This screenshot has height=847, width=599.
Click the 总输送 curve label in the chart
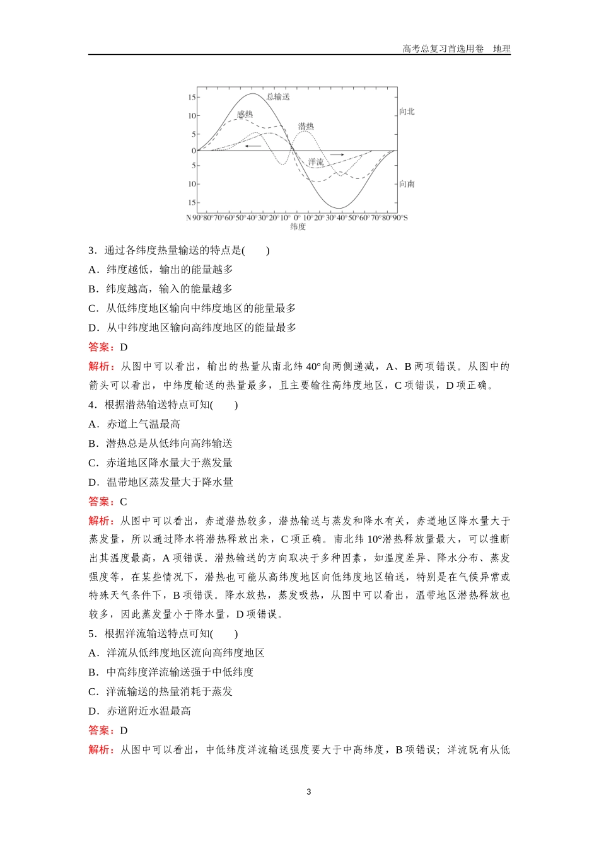[x=278, y=96]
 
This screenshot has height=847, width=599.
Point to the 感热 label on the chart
[x=245, y=115]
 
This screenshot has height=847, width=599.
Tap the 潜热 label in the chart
[x=306, y=127]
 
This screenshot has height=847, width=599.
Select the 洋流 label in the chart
[x=316, y=163]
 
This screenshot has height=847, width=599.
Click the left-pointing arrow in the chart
[x=253, y=146]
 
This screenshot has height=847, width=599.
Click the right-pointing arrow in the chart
[x=337, y=154]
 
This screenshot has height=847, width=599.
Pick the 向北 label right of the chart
[x=407, y=112]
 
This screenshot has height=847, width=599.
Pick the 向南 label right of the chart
[x=407, y=184]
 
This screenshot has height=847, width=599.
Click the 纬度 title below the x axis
[x=298, y=227]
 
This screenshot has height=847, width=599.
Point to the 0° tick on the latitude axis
[x=298, y=218]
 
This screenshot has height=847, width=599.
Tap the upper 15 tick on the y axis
[x=192, y=97]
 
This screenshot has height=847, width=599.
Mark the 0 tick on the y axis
[x=194, y=151]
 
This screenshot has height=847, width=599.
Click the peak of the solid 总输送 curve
[x=252, y=94]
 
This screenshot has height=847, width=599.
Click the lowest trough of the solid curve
[x=340, y=208]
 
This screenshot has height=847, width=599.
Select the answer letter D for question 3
[x=124, y=347]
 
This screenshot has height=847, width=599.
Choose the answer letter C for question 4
[x=124, y=502]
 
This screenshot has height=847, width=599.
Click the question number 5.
[x=91, y=634]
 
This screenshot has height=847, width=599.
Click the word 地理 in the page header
[x=502, y=49]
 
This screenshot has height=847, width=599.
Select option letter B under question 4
[x=93, y=444]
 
